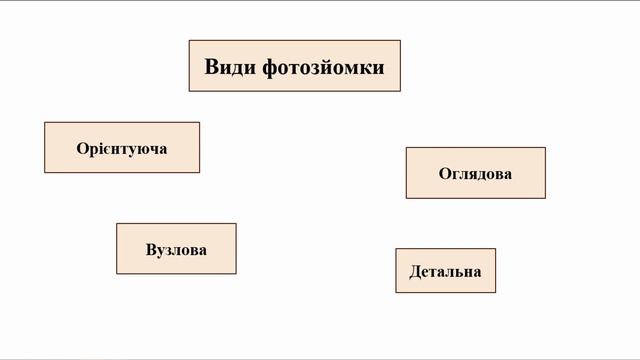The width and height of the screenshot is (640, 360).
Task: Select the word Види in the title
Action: click(x=230, y=67)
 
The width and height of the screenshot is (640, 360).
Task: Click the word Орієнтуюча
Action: click(x=122, y=148)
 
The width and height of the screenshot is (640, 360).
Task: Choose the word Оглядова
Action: click(x=475, y=173)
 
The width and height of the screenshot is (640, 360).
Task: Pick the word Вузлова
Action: click(x=176, y=249)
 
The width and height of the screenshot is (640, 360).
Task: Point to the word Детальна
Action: click(x=445, y=271)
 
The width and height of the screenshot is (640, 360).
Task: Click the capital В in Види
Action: click(x=212, y=67)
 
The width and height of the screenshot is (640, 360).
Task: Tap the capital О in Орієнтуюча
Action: click(x=82, y=148)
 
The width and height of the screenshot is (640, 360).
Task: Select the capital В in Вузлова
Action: click(x=150, y=249)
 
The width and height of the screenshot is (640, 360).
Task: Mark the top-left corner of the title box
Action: click(x=190, y=41)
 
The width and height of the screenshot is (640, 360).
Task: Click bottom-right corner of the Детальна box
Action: click(x=495, y=292)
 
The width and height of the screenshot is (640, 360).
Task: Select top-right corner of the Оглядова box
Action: click(x=545, y=148)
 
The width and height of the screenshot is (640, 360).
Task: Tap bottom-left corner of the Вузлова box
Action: click(x=117, y=273)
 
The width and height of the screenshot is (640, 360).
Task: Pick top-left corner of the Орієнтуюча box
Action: click(x=45, y=123)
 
